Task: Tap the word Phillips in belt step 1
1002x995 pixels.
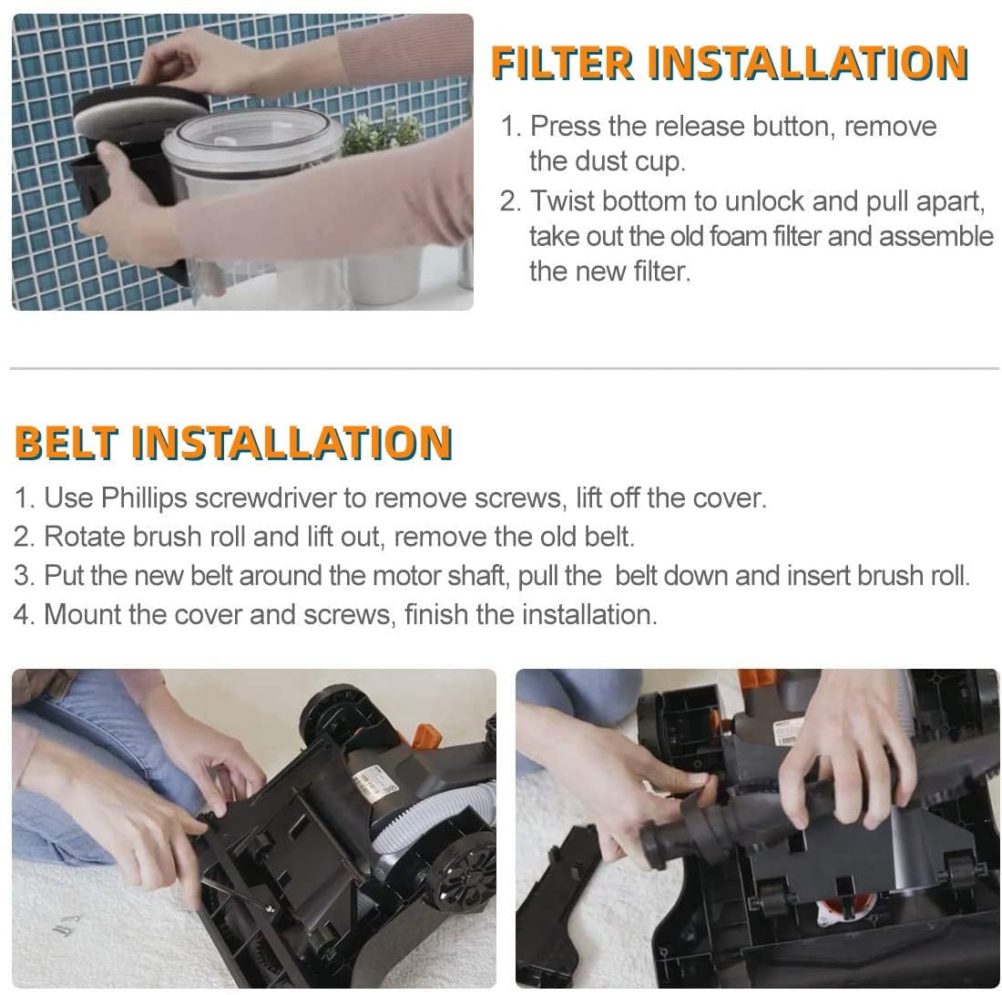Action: (x=140, y=498)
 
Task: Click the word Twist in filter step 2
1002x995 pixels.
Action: (x=563, y=200)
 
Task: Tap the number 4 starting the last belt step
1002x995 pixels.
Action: (x=22, y=614)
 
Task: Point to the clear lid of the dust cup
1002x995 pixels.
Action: (x=250, y=137)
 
